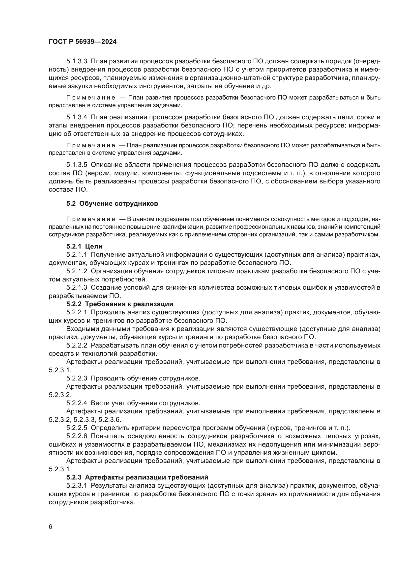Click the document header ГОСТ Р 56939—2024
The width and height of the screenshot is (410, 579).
[83, 42]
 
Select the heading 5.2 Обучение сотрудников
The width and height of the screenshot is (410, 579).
[112, 203]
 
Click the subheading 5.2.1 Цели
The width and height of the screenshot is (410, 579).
[84, 246]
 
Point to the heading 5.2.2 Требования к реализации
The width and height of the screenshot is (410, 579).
[120, 304]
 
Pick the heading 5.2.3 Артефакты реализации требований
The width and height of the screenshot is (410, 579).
[137, 477]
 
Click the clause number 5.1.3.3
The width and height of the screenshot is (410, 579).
[77, 61]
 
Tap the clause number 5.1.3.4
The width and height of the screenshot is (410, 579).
[77, 117]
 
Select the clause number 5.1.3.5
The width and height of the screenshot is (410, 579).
[77, 165]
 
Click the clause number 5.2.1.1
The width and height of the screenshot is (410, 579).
[77, 255]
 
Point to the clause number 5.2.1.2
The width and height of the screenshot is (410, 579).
[77, 271]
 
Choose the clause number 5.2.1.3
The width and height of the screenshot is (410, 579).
[77, 287]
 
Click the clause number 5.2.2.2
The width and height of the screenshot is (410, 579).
[77, 345]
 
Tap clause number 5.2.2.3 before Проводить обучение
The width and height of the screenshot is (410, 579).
[77, 378]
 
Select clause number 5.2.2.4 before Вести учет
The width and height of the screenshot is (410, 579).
[77, 403]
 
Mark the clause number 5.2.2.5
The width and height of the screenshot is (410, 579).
[77, 428]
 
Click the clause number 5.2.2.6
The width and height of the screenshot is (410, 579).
[77, 436]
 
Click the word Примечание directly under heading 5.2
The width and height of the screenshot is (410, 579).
[91, 219]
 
